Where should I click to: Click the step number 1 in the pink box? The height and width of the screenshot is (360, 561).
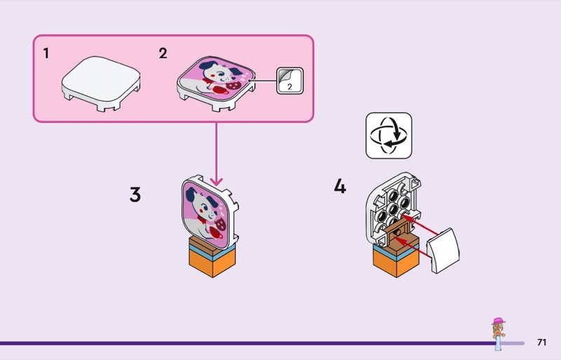46,53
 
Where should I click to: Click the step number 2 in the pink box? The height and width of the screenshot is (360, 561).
163,53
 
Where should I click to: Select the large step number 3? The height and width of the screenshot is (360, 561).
135,194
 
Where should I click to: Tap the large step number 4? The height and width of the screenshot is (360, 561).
340,187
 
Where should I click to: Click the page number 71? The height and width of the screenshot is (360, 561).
541,342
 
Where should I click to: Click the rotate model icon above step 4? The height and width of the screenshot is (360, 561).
388,135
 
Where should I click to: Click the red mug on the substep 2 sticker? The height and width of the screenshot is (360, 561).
217,90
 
